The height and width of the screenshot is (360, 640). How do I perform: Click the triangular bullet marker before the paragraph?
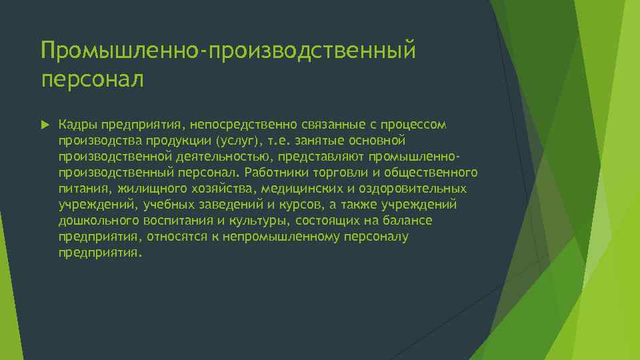(45, 125)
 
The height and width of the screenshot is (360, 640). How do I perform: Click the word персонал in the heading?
(92, 79)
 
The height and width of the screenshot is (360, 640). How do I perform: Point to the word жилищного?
(141, 189)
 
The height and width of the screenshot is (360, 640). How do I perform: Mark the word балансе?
(407, 221)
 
